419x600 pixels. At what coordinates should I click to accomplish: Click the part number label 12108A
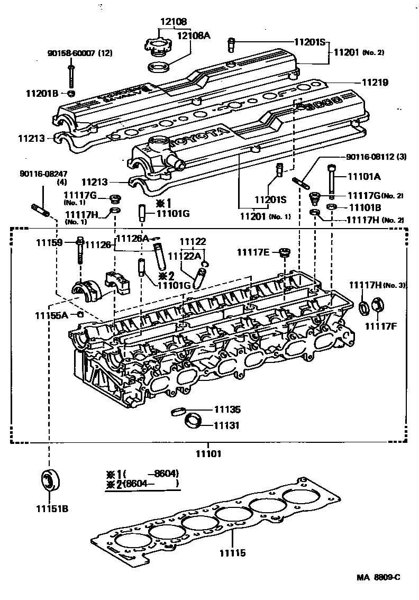193,35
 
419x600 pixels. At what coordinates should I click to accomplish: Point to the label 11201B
42,94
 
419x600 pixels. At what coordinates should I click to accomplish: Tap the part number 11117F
383,326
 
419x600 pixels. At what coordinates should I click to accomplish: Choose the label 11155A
51,315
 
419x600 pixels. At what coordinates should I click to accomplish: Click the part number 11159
49,243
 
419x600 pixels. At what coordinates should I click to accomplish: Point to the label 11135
227,410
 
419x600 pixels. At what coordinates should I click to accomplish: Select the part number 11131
227,425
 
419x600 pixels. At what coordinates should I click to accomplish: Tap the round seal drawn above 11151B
51,480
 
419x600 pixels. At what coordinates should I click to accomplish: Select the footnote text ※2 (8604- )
143,484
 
